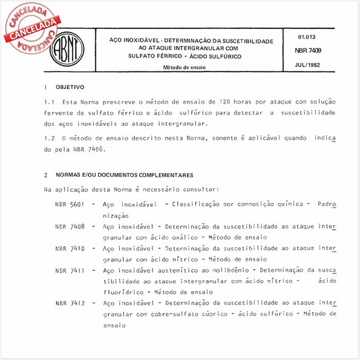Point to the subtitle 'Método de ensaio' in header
183,67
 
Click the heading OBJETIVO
70,88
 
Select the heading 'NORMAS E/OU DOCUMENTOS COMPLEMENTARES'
125,175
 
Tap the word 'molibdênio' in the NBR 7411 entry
229,270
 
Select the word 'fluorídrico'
123,292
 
